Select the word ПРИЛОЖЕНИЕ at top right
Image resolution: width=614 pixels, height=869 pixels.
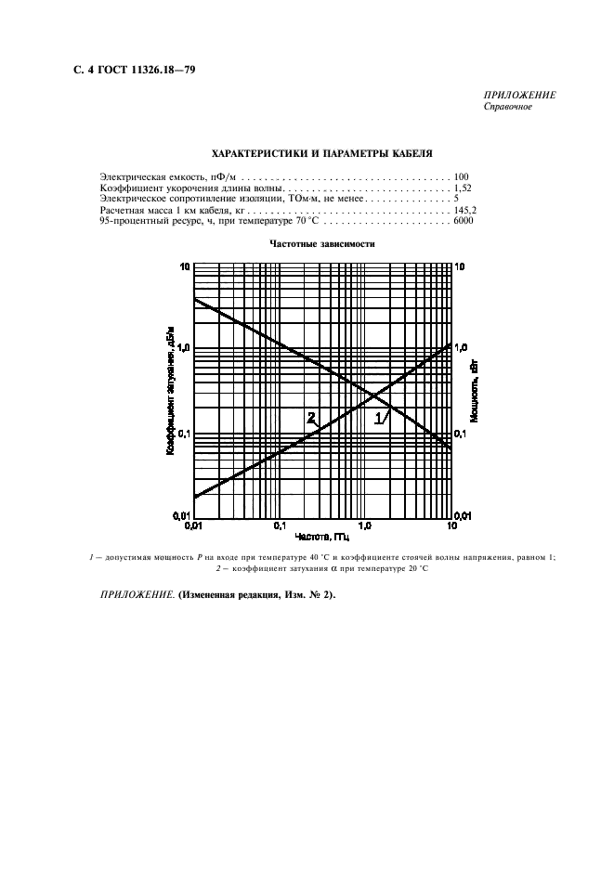click(x=519, y=96)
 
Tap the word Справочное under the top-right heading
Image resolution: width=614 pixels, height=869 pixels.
click(x=507, y=106)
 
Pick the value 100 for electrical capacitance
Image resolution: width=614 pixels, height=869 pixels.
click(x=461, y=175)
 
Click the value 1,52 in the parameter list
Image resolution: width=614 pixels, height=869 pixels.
click(x=459, y=188)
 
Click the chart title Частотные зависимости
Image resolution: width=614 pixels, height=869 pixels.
click(x=322, y=244)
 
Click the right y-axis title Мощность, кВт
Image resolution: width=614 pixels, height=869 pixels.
click(x=474, y=390)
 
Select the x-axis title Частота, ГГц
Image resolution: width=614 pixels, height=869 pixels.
click(x=322, y=537)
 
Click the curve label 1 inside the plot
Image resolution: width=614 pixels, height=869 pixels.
click(x=378, y=420)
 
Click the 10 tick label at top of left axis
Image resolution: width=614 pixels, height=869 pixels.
click(x=185, y=266)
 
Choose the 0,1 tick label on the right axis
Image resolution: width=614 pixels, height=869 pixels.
click(x=462, y=433)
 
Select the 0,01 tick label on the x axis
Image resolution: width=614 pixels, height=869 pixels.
click(x=194, y=526)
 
